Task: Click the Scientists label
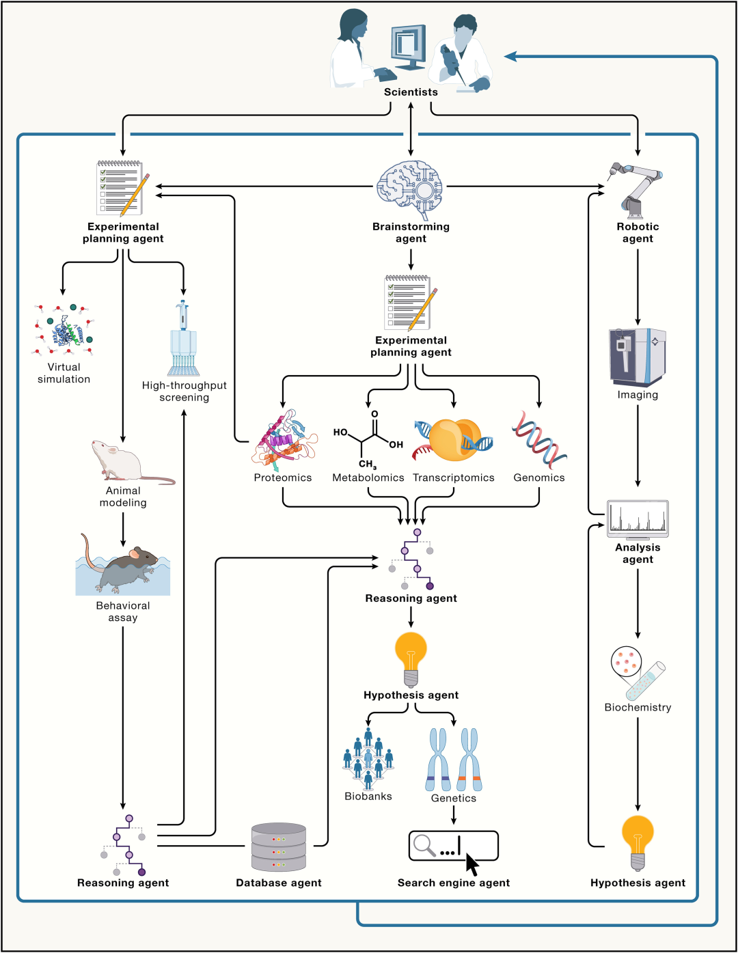(x=411, y=92)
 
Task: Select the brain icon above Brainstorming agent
(x=411, y=189)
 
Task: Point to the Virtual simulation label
(x=64, y=373)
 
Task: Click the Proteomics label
(x=282, y=478)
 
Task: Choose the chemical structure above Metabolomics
(x=368, y=439)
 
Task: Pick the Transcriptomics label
(x=454, y=478)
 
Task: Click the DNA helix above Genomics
(x=539, y=440)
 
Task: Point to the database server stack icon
(x=278, y=847)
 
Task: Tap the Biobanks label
(x=368, y=796)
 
